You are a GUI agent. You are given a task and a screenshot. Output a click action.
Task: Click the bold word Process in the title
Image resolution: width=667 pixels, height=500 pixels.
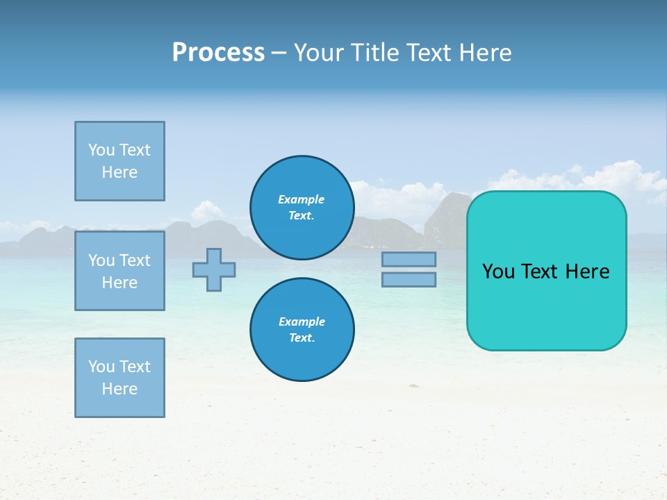click(218, 53)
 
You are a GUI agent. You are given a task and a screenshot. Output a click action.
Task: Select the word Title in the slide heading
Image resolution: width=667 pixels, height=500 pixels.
click(375, 53)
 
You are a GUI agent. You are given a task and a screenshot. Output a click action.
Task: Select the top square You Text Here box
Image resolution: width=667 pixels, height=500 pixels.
click(120, 161)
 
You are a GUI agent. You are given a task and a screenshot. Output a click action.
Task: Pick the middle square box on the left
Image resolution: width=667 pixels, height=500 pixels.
click(120, 271)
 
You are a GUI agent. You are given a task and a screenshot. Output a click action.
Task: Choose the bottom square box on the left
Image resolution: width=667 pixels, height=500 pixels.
click(120, 378)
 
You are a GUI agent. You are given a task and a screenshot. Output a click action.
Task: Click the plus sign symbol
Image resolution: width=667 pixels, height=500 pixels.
click(214, 269)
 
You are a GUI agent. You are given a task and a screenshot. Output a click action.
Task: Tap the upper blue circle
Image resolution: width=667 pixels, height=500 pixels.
click(302, 208)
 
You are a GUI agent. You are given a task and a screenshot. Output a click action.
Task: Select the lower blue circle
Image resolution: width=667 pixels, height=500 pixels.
click(302, 330)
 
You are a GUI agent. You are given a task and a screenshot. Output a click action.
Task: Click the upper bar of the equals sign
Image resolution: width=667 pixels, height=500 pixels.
click(409, 259)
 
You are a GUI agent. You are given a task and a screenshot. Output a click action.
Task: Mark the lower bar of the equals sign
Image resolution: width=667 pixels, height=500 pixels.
click(409, 279)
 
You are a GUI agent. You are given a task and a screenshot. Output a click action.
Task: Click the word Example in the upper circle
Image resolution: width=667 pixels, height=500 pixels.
click(301, 199)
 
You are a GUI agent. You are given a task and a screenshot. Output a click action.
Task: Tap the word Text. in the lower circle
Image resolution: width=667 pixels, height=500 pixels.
click(302, 337)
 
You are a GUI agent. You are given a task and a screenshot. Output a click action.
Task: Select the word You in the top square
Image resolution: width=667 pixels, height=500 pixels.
click(101, 150)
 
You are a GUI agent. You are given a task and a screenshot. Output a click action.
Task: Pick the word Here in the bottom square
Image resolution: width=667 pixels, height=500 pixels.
click(120, 389)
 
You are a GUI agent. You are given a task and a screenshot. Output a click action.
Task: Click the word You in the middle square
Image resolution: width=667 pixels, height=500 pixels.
click(101, 260)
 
